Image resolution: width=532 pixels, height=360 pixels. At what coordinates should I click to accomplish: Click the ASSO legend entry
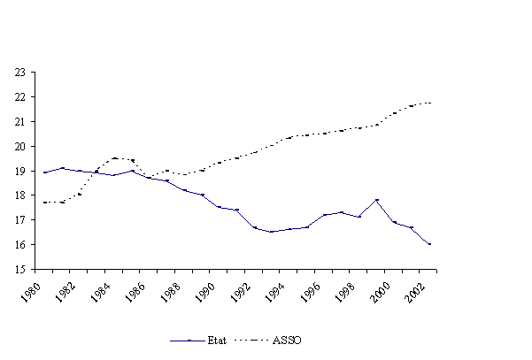click(x=281, y=339)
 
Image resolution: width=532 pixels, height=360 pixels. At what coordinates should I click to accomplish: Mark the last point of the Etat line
click(x=429, y=244)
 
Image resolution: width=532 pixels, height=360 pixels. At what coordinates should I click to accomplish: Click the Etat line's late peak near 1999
click(x=377, y=200)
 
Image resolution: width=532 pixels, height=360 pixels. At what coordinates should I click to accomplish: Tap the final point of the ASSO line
click(x=429, y=103)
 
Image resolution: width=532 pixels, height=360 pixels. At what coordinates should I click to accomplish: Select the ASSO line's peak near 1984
click(x=114, y=158)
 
